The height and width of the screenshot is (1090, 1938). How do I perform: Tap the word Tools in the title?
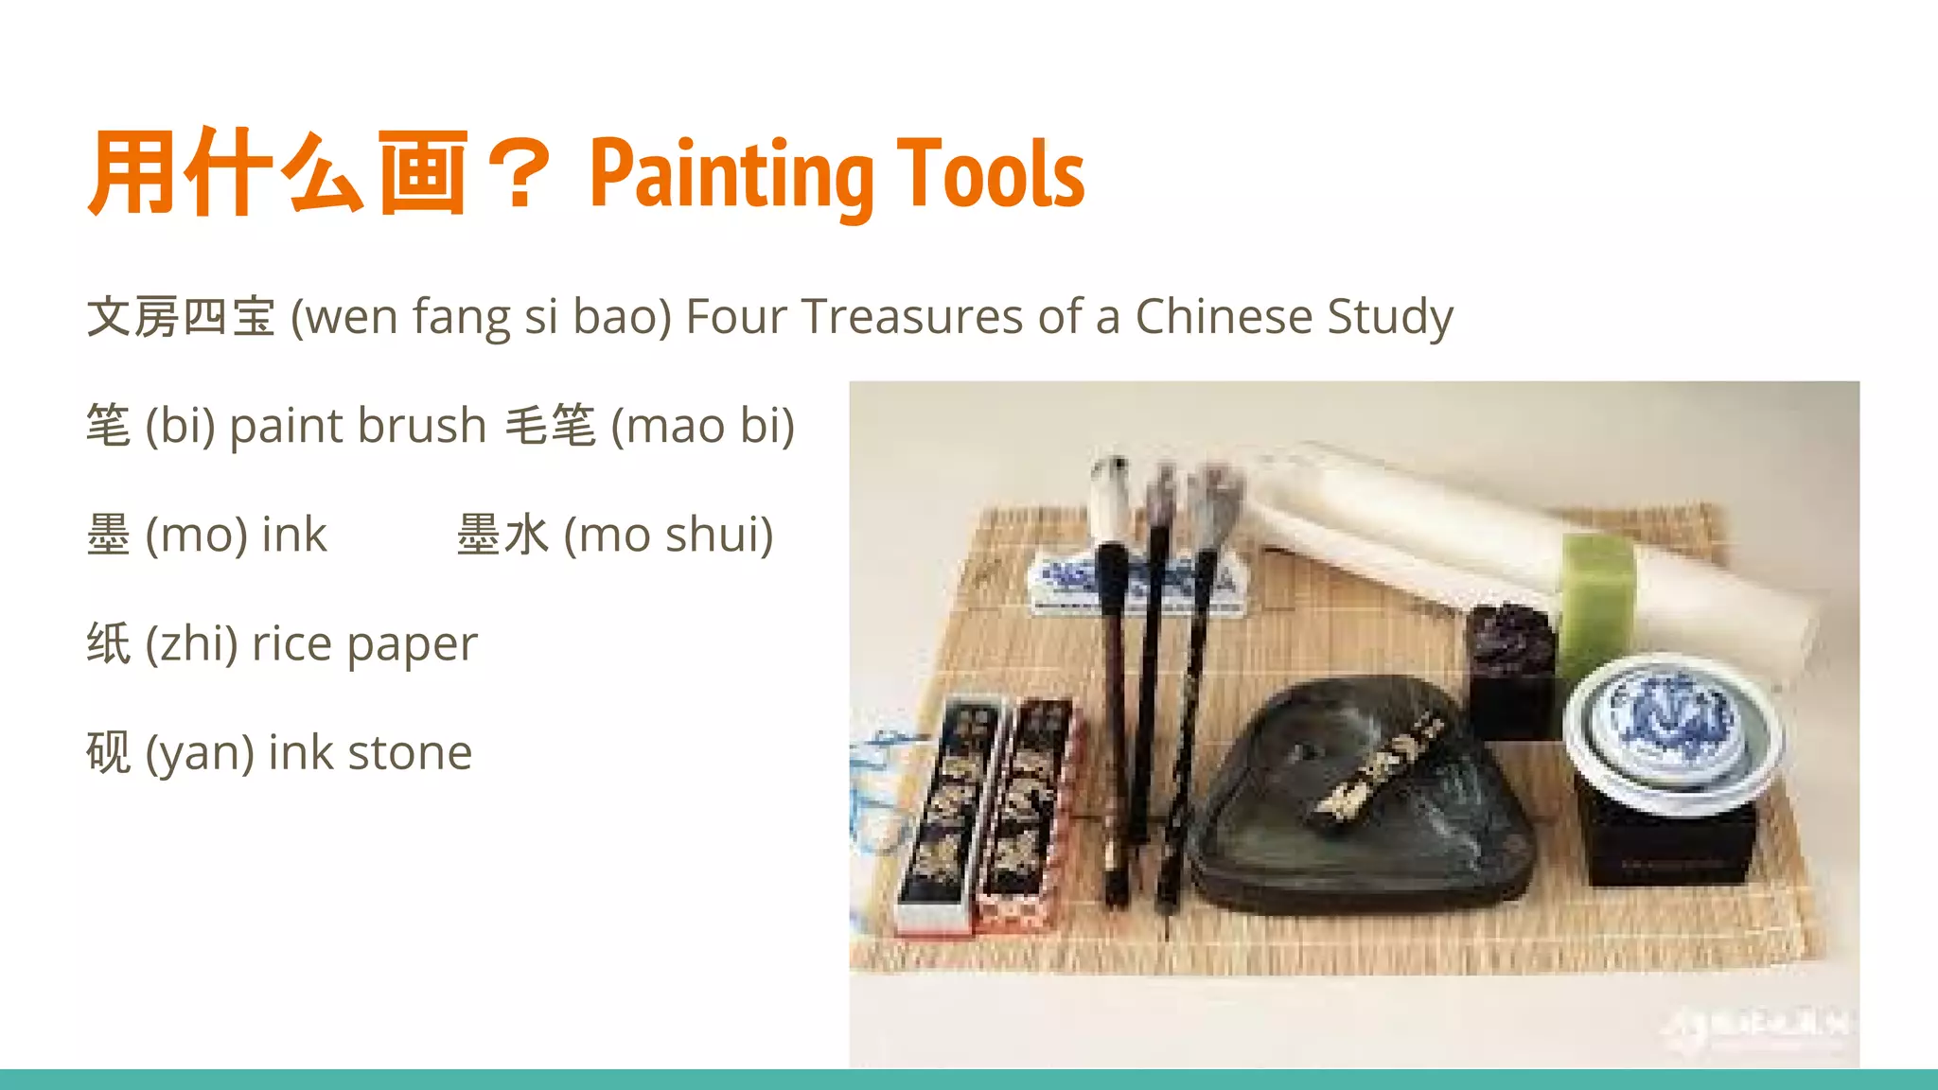(x=990, y=175)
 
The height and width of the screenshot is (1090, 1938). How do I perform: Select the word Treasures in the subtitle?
(x=914, y=317)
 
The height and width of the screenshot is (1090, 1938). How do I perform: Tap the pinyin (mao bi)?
(x=702, y=426)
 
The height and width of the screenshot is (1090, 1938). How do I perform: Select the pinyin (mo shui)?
(x=668, y=535)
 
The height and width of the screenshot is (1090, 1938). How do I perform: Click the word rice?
(x=291, y=644)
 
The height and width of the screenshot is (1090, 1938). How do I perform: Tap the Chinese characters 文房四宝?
(x=181, y=317)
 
